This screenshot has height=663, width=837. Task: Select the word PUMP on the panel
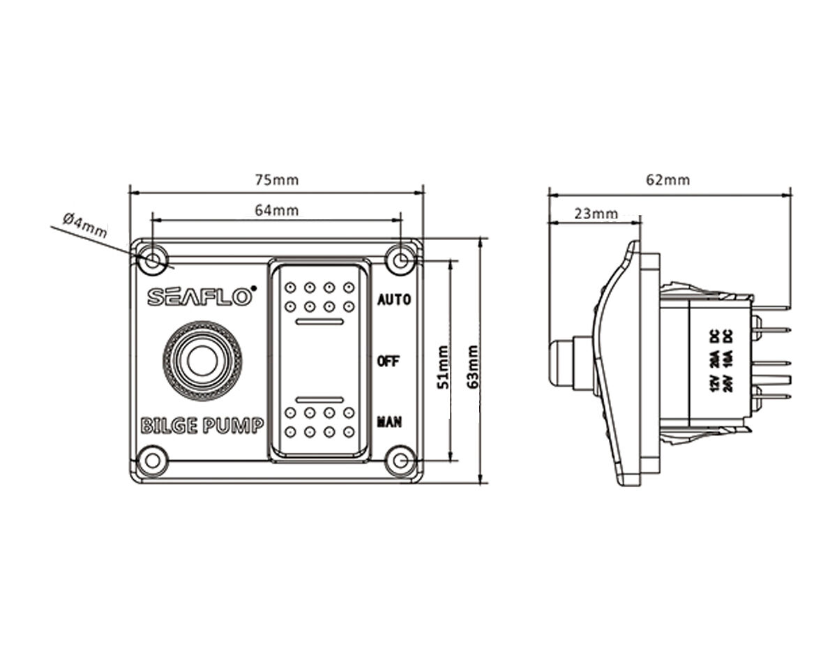233,425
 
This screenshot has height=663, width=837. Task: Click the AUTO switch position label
394,300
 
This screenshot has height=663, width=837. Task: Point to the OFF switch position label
388,361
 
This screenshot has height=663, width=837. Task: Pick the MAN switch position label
389,422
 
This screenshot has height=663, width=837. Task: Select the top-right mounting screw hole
400,260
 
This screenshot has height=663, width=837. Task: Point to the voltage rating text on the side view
721,361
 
